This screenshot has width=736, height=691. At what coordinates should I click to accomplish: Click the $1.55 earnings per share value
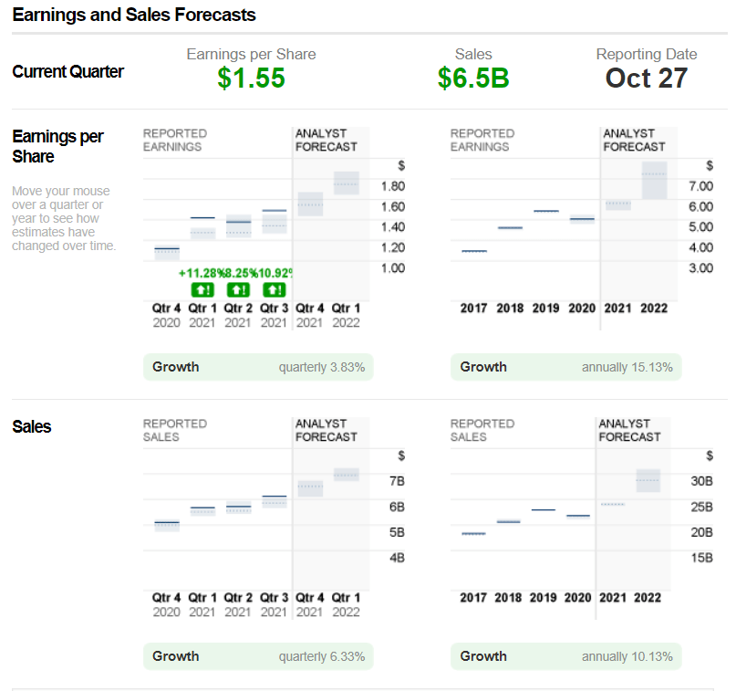pos(251,79)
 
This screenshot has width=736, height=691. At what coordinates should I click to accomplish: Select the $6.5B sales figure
pos(472,79)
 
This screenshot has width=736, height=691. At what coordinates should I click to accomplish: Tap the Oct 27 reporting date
pos(646,79)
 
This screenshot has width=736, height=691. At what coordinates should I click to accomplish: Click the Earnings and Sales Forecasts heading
pos(134,16)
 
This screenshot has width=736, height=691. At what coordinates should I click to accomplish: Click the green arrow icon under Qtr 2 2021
pos(237,289)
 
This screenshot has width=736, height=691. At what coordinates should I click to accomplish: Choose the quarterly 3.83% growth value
pos(321,367)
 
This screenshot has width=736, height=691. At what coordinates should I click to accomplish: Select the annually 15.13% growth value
pos(627,367)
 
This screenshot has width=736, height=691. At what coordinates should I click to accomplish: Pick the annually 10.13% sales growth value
pos(627,656)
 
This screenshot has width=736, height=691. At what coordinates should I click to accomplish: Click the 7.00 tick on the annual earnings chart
pos(700,186)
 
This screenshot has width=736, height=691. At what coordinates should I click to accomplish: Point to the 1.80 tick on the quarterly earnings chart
pos(392,186)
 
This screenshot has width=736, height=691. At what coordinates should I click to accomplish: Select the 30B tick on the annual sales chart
pos(702,481)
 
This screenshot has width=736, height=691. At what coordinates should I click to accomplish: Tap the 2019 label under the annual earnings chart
pos(545,309)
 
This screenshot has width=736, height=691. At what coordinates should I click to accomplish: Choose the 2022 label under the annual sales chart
pos(648,598)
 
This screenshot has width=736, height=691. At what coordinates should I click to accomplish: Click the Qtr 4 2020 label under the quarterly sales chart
pos(166,604)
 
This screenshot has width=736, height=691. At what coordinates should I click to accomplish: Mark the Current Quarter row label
pos(68,72)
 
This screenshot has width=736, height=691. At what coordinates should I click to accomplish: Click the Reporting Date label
pos(646,55)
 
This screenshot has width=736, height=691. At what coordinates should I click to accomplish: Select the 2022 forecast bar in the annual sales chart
pos(648,480)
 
